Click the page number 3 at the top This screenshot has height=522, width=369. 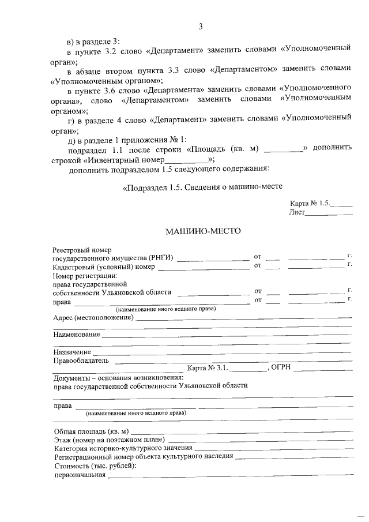coord(201,27)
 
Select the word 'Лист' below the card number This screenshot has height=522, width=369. coord(296,212)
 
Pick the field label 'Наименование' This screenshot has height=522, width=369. coord(76,335)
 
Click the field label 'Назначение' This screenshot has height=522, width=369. coord(72,352)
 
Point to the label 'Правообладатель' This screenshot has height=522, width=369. coord(81,360)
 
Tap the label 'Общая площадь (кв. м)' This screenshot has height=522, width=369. coord(91,431)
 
